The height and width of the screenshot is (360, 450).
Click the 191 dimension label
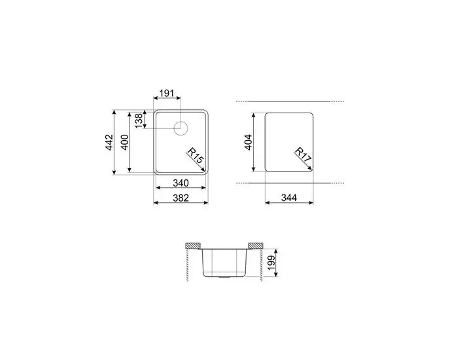click(167, 94)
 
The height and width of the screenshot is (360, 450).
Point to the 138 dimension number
click(139, 120)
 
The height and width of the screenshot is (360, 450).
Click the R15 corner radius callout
click(194, 155)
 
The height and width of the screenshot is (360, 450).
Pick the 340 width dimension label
click(181, 183)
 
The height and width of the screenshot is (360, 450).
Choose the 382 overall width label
click(181, 198)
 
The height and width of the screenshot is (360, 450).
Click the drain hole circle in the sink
click(181, 127)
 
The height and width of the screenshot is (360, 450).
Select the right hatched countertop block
click(255, 245)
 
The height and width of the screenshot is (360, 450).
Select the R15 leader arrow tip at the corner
click(205, 168)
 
